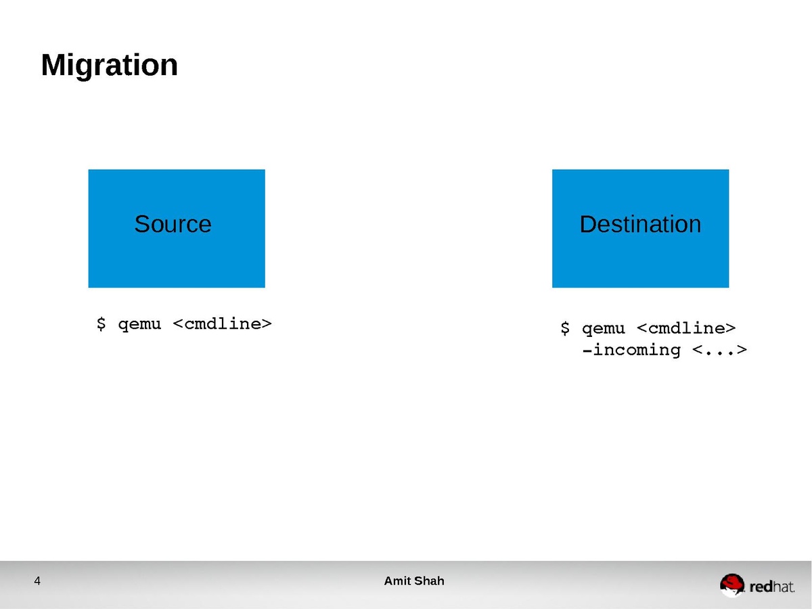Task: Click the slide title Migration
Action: (x=109, y=66)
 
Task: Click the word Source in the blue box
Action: (x=173, y=224)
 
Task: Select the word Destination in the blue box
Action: (x=640, y=224)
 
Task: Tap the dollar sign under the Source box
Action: (x=101, y=324)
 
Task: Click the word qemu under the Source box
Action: (x=139, y=325)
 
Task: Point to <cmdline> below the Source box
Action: (x=223, y=324)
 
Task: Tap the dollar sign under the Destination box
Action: (x=564, y=328)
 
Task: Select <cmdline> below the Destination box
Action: (x=686, y=328)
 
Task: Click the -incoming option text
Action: (x=631, y=351)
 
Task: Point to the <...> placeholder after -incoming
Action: (x=719, y=350)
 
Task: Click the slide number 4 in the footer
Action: (x=37, y=581)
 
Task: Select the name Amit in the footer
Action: (x=397, y=581)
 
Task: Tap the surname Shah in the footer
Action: (x=430, y=581)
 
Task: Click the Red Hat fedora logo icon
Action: (x=731, y=585)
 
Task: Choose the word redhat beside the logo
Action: (x=771, y=587)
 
